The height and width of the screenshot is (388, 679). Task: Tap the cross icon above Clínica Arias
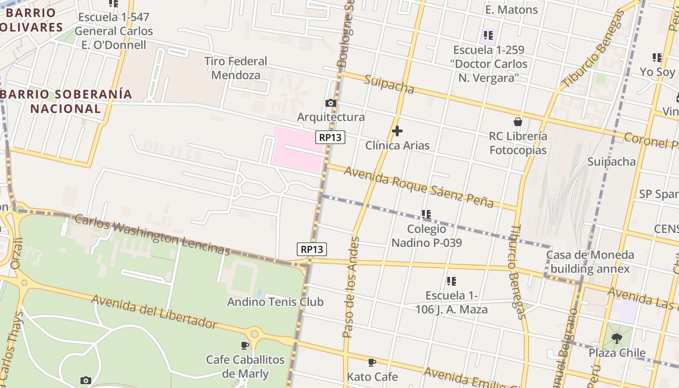(397, 131)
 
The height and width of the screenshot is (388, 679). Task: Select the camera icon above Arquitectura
(331, 103)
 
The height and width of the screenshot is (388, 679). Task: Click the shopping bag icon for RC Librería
(518, 121)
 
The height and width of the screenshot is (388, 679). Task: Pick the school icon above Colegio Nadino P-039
(426, 214)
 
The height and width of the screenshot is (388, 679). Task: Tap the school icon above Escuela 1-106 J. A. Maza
(452, 281)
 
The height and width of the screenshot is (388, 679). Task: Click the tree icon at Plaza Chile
(616, 338)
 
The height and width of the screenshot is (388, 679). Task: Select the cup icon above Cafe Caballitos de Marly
(245, 345)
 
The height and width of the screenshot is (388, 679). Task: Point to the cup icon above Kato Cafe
(372, 362)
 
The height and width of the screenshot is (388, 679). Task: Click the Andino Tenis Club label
(275, 302)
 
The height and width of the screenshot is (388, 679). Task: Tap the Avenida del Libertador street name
(154, 311)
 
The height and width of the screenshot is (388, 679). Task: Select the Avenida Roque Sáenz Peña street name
(419, 186)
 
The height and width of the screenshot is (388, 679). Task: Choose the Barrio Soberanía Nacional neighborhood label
(66, 101)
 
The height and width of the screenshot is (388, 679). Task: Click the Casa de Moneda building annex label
(590, 262)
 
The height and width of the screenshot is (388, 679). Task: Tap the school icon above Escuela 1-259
(488, 35)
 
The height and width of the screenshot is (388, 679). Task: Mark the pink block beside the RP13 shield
(297, 149)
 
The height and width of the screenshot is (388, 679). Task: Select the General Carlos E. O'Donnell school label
(113, 31)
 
